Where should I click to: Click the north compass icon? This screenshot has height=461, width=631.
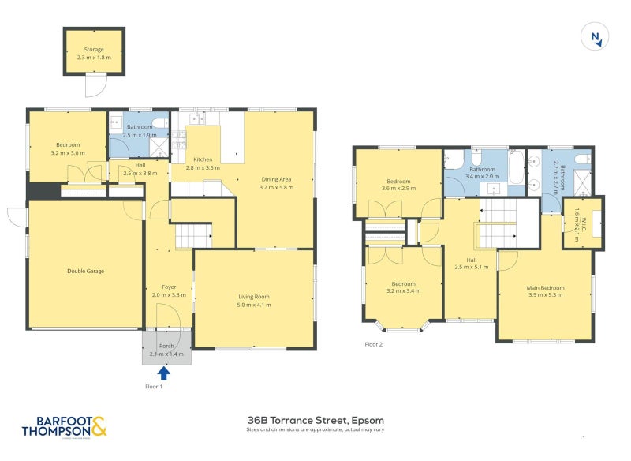click(596, 36)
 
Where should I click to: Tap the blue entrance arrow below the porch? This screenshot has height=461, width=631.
click(164, 373)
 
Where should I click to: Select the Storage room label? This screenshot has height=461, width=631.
click(94, 50)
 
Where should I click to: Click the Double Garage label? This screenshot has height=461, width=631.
click(85, 271)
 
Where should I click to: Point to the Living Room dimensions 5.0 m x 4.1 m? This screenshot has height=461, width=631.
click(255, 305)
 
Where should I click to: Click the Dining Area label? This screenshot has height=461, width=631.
click(275, 179)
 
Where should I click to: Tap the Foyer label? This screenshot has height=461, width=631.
click(167, 287)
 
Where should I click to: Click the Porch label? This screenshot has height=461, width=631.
click(166, 347)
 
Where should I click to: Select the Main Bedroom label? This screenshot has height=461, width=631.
click(545, 287)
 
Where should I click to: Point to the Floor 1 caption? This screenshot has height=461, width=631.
click(155, 387)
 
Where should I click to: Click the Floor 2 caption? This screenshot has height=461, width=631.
click(374, 344)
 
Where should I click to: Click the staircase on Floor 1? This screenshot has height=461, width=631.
click(193, 235)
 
